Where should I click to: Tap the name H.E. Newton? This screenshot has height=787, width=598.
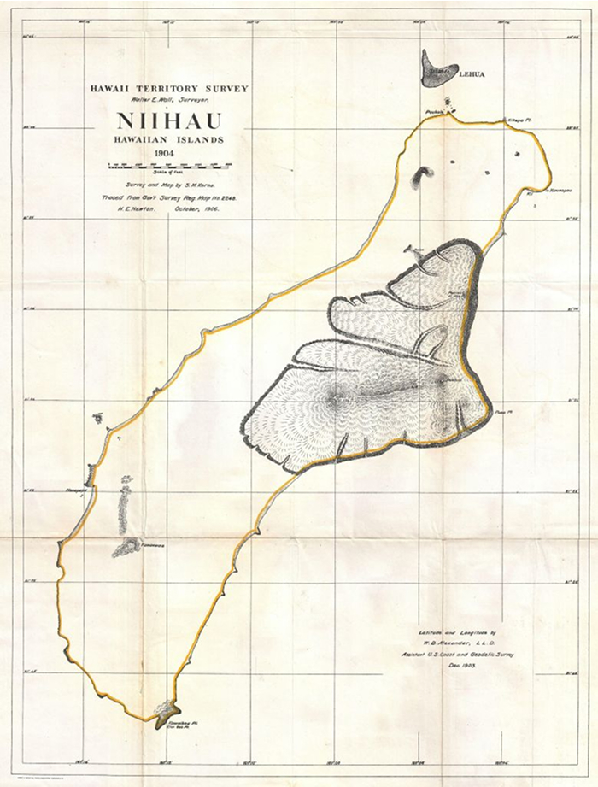(128, 209)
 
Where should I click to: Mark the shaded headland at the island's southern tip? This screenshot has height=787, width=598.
(166, 711)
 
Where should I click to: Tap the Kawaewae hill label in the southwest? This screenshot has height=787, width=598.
(152, 543)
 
